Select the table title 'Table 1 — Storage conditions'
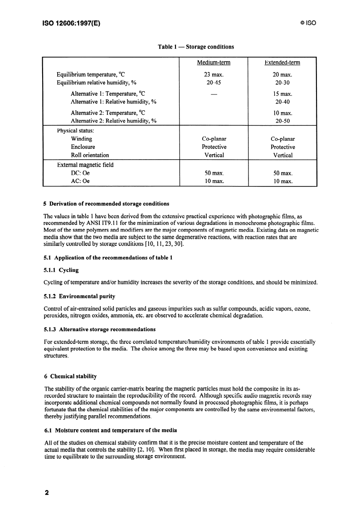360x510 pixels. pyautogui.click(x=196, y=47)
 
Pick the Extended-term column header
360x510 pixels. pyautogui.click(x=282, y=63)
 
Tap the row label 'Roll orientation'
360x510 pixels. pyautogui.click(x=90, y=155)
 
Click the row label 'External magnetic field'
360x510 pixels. pyautogui.click(x=85, y=165)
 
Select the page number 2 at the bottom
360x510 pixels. pyautogui.click(x=46, y=493)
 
